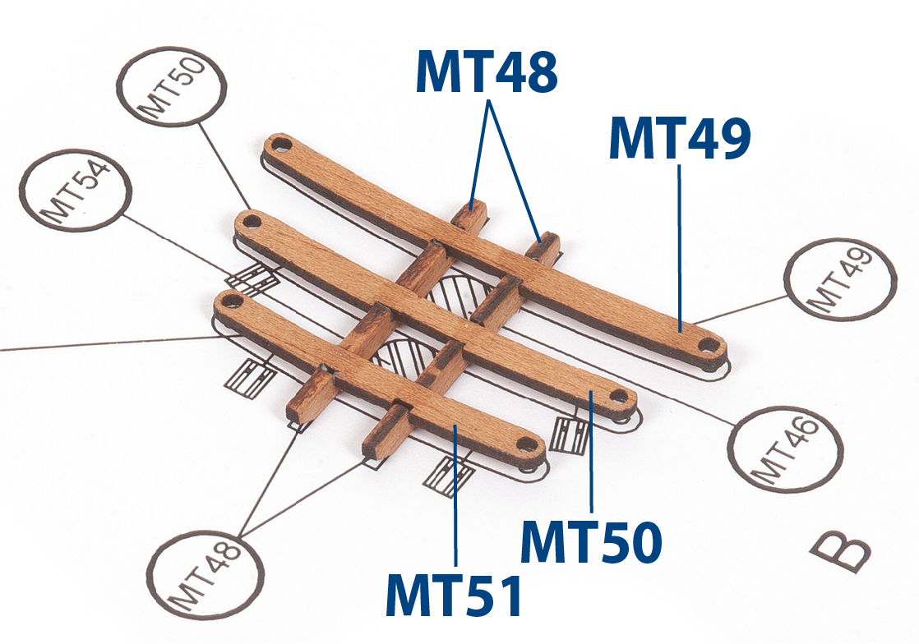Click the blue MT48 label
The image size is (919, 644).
[x=486, y=72]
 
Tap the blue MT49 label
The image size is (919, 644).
[x=680, y=138]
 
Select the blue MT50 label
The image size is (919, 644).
[x=591, y=542]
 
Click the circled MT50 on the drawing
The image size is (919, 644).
[x=171, y=85]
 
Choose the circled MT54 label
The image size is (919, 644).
[x=76, y=190]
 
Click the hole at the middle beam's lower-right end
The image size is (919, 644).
[x=619, y=398]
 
